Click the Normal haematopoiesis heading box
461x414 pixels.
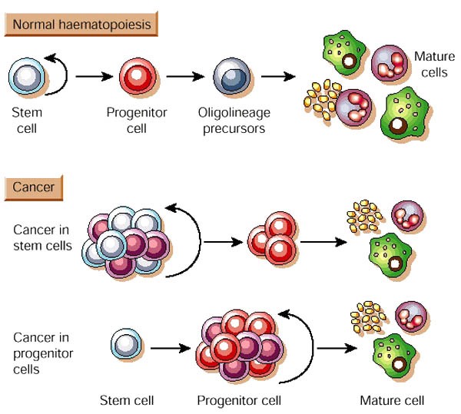81,25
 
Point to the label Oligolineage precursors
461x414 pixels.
234,121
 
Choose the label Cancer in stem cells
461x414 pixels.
43,237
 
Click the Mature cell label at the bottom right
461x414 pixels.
392,400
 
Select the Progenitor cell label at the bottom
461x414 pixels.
239,400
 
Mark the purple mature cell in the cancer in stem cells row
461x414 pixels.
407,218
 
